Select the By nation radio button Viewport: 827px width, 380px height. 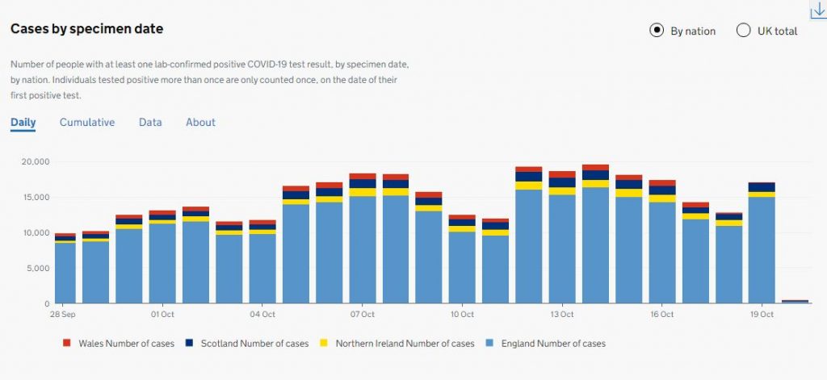657,31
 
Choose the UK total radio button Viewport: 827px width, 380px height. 744,31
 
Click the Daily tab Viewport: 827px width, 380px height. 23,123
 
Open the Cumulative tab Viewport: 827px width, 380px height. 87,123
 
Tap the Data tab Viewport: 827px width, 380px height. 150,123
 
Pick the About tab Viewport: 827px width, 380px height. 200,123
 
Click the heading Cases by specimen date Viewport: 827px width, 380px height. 86,29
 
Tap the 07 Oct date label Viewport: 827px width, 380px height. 363,313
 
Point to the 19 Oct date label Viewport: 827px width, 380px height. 762,313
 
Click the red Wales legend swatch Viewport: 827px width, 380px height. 66,343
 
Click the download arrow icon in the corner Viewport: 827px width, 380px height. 817,9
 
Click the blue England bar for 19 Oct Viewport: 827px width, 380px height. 762,250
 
